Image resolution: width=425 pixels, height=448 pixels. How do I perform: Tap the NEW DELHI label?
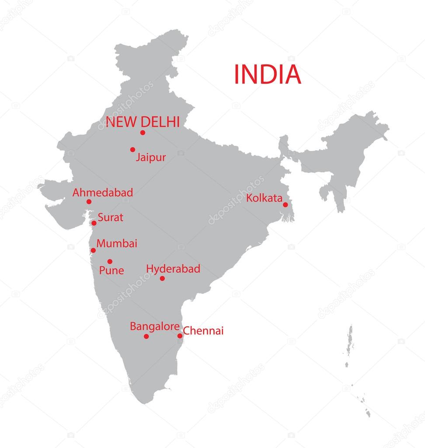coord(143,122)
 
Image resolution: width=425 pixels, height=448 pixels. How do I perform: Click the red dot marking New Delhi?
coord(143,133)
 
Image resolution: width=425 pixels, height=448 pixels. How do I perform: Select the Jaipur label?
coord(150,157)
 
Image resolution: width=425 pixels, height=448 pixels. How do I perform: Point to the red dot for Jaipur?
coord(132,150)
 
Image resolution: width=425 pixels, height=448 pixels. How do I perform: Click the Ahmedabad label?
coord(103,193)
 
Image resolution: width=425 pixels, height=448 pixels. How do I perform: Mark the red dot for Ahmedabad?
coord(89,202)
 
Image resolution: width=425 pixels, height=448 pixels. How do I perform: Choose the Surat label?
coord(110,217)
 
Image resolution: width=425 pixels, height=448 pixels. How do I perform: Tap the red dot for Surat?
coord(94,223)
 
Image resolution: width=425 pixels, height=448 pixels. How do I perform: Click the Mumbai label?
coord(117,243)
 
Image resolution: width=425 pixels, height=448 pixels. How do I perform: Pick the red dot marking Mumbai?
coord(93,250)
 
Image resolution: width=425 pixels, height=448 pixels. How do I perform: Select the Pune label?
coord(111,271)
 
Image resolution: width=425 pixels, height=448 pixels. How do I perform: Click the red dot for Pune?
coord(110,261)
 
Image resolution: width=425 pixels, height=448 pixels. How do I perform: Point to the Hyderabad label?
coord(173,269)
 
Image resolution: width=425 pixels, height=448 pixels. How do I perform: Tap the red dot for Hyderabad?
coord(162,279)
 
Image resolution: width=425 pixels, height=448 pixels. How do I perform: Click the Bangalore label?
coord(155,327)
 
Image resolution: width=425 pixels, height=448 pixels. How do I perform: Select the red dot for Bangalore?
coord(146,336)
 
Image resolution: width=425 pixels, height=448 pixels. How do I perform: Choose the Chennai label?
coord(203,331)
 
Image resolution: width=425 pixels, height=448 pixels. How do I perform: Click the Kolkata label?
coord(264,198)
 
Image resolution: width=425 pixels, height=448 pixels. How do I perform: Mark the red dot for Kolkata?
coord(285,205)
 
